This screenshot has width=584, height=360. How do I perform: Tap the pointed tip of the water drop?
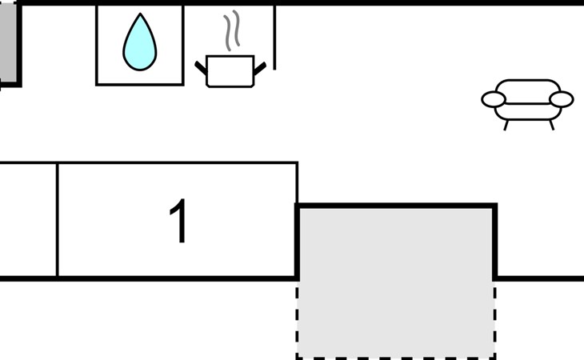pyautogui.click(x=140, y=14)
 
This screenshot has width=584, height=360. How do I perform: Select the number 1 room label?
pyautogui.click(x=178, y=220)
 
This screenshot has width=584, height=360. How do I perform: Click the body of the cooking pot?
pyautogui.click(x=230, y=71)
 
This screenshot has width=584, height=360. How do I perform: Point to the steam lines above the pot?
pyautogui.click(x=232, y=30)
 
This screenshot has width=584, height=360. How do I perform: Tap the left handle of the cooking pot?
pyautogui.click(x=201, y=68)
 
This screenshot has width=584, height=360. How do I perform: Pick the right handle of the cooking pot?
pyautogui.click(x=260, y=68)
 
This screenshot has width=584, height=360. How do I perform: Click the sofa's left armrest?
pyautogui.click(x=494, y=99)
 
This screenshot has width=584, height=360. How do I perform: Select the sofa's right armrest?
pyautogui.click(x=562, y=99)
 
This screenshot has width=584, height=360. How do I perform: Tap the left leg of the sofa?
pyautogui.click(x=506, y=125)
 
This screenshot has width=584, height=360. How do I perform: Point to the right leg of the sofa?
pyautogui.click(x=551, y=125)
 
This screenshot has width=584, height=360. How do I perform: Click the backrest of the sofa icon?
pyautogui.click(x=528, y=91)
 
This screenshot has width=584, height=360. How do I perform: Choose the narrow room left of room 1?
pyautogui.click(x=28, y=220)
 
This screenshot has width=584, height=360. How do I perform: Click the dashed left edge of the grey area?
pyautogui.click(x=298, y=320)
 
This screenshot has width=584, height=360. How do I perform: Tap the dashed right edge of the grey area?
pyautogui.click(x=494, y=320)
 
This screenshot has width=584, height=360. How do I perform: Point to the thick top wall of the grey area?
pyautogui.click(x=396, y=206)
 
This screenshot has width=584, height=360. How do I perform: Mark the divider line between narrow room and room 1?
pyautogui.click(x=58, y=220)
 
